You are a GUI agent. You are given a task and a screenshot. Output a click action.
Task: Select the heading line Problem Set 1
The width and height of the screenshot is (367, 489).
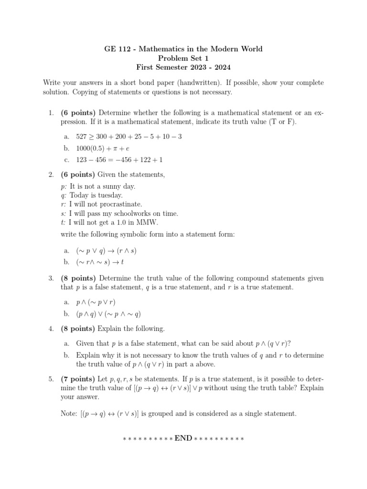[183, 58]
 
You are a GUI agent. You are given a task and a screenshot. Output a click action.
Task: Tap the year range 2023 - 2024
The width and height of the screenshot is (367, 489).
[217, 67]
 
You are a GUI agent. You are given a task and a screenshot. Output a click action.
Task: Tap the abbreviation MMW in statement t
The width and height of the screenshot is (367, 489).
[150, 223]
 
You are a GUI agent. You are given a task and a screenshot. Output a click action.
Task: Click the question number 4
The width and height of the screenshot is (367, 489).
[51, 329]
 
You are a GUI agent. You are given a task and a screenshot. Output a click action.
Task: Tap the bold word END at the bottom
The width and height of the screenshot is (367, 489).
[183, 438]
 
